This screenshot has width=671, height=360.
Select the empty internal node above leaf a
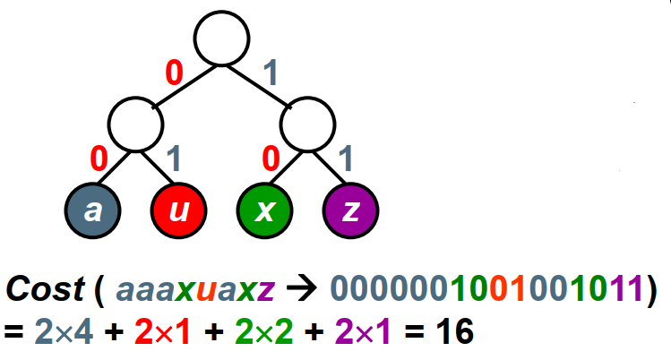click(x=134, y=124)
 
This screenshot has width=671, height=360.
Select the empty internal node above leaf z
click(x=306, y=124)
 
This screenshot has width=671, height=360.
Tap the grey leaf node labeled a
click(x=91, y=210)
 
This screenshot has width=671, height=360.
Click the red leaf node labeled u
click(x=177, y=210)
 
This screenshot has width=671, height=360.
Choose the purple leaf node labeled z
click(x=350, y=210)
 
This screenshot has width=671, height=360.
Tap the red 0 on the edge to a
click(x=99, y=159)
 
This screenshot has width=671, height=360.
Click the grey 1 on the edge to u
click(x=174, y=159)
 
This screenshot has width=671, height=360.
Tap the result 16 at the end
click(x=454, y=332)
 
